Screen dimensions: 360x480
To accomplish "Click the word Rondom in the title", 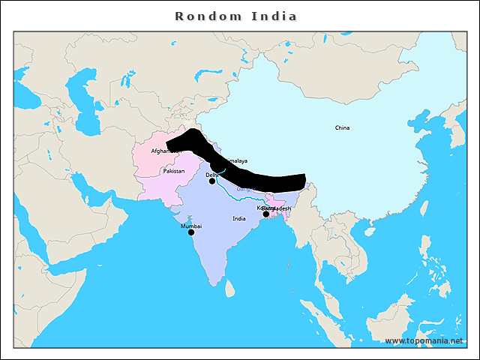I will click(200, 16).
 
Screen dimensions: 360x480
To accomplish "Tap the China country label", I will click(342, 127).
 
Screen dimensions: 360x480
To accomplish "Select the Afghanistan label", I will click(165, 151).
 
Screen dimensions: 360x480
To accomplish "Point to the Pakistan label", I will click(173, 171).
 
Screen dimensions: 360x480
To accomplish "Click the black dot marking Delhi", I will click(212, 181).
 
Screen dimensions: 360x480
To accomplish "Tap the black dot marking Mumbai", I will click(190, 232).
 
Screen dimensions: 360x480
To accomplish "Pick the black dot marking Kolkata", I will click(265, 214).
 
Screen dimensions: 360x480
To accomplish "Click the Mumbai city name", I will click(191, 225).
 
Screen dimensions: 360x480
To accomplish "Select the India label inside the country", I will click(238, 218).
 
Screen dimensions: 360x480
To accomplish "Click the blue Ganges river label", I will click(245, 190).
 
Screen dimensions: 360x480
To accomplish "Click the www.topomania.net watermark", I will click(424, 340).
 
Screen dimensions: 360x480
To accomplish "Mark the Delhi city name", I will click(211, 174).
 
